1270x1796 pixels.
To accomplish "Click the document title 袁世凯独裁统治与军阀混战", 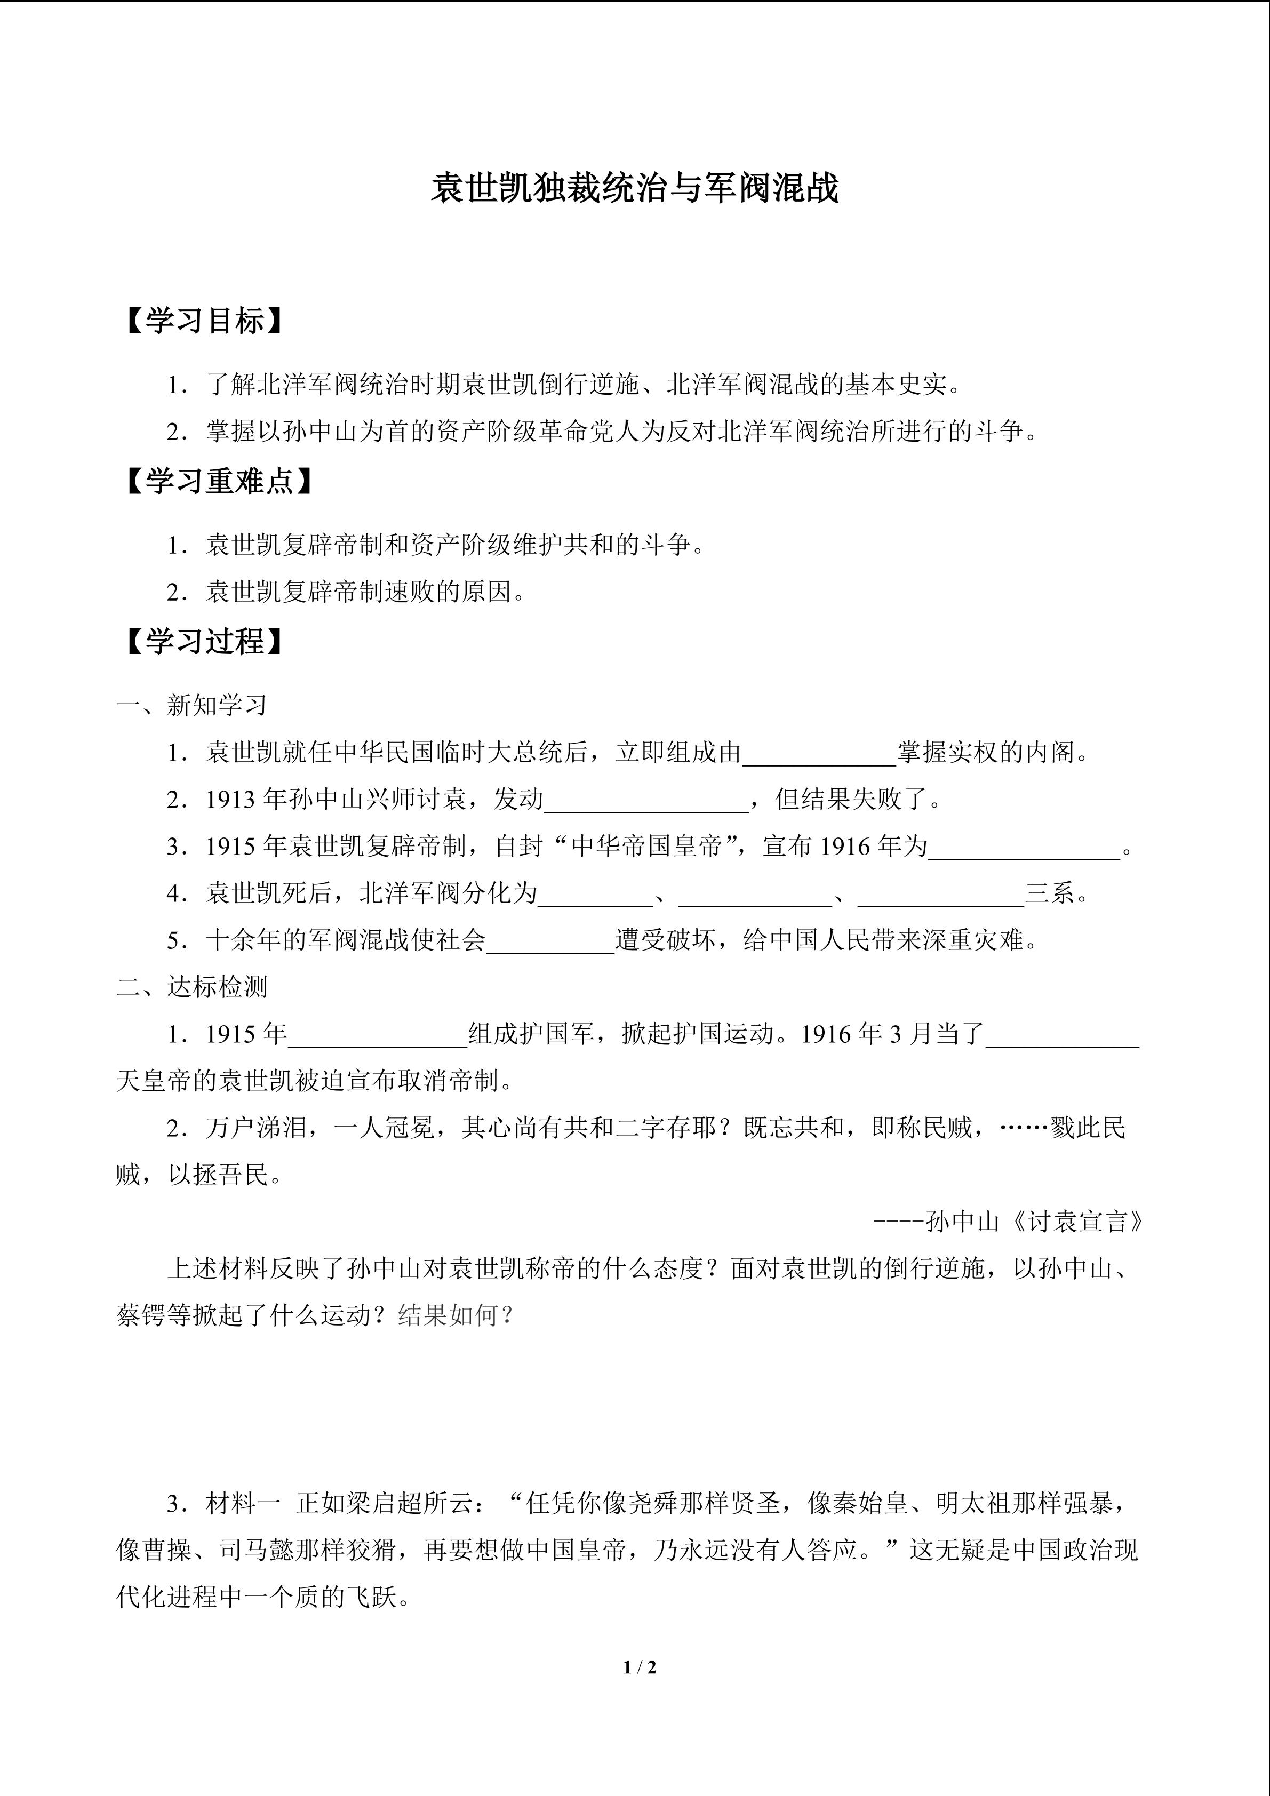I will [634, 188].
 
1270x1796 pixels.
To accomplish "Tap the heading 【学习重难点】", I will [219, 481].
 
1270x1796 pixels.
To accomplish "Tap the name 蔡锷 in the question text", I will [141, 1316].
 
